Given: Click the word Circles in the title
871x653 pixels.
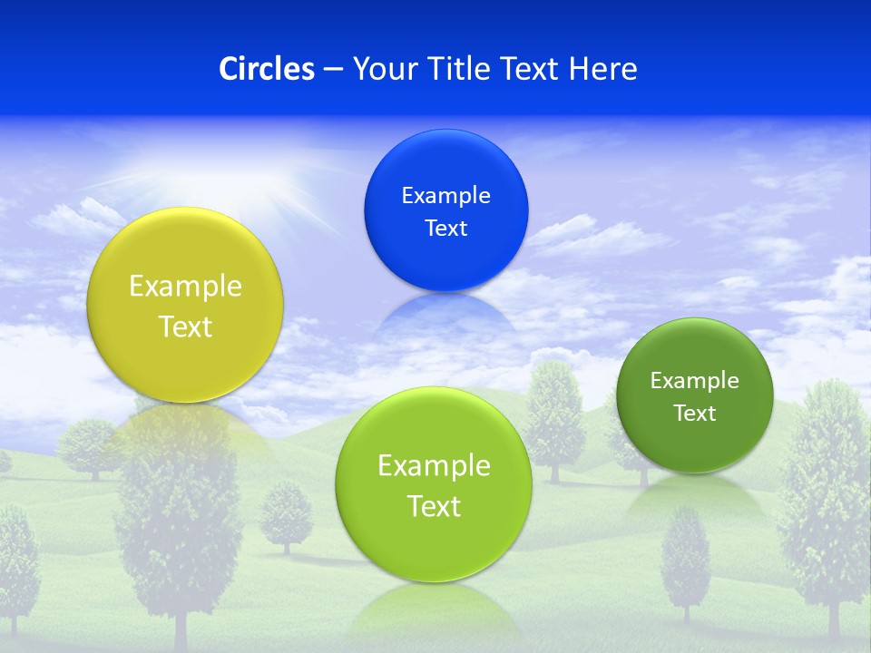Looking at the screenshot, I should [267, 69].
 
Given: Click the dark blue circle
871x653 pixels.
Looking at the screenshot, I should [445, 210].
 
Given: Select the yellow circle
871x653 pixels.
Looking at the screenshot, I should [185, 305].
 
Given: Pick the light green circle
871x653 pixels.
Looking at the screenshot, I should [434, 484].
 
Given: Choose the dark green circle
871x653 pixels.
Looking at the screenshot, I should [694, 395].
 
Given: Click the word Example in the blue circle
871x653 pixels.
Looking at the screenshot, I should [445, 195].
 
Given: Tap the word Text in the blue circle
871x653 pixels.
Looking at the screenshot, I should [445, 228].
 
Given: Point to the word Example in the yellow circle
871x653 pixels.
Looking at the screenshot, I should [185, 287].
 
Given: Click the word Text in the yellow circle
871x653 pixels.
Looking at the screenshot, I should [185, 326].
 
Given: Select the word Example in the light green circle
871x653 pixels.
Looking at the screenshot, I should [434, 466].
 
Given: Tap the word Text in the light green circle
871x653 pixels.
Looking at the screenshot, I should [434, 506].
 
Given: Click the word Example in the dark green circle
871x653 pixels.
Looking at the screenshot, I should [694, 380].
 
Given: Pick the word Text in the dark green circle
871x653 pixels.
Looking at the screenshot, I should [694, 413].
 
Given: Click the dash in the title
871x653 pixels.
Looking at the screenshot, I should [333, 70].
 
